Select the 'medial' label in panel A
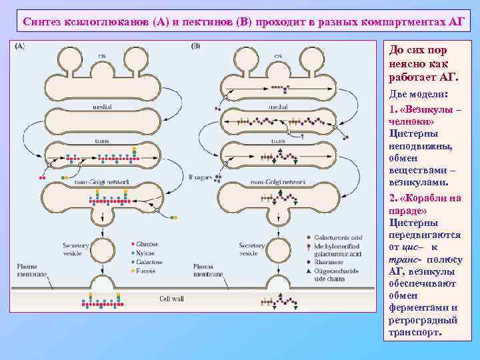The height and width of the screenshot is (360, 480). point(102,107)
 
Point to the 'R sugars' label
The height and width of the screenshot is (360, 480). point(199,177)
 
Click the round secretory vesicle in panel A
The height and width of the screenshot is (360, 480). point(102,253)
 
